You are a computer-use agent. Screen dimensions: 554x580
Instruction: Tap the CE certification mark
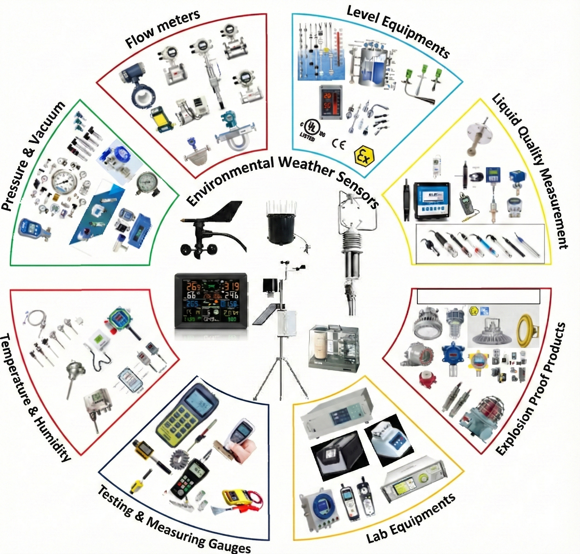click(338, 144)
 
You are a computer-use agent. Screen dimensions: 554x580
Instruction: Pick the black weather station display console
click(211, 300)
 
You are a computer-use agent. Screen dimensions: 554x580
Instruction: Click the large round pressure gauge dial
click(64, 181)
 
